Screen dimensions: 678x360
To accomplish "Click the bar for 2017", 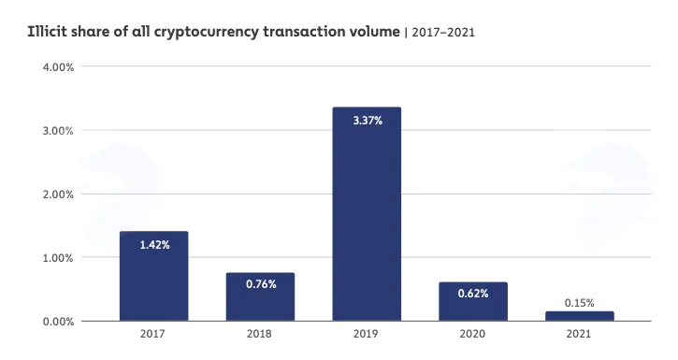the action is click(154, 276).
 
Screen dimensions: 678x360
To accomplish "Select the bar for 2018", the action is click(260, 297).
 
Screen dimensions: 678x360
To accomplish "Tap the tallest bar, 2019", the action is click(367, 214).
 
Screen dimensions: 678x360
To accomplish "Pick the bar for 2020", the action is click(473, 302).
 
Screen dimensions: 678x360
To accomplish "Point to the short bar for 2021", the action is click(580, 316).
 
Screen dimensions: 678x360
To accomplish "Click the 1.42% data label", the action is click(155, 245).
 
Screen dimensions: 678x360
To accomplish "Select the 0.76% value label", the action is click(261, 284).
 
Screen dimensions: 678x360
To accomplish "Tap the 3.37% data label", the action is click(368, 121).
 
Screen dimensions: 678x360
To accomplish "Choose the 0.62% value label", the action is click(473, 294).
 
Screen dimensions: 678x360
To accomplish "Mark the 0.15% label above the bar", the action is click(580, 303).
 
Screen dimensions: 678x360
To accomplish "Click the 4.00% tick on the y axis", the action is click(58, 67).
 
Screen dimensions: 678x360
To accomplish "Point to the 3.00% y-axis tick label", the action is click(58, 131).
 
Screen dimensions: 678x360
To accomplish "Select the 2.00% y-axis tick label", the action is click(58, 194).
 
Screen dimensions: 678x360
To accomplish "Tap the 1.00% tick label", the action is click(58, 258).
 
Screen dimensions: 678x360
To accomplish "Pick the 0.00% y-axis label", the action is click(58, 322).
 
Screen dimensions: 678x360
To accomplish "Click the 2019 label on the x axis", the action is click(366, 334).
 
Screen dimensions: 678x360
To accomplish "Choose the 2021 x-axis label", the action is click(579, 334).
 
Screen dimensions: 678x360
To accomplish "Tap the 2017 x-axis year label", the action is click(152, 334).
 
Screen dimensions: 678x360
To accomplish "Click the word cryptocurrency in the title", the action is click(207, 33).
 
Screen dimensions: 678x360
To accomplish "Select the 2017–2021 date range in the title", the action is click(443, 33).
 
